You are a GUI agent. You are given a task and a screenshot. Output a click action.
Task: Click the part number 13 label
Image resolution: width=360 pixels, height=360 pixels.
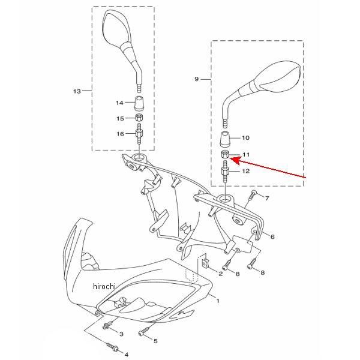click(77, 91)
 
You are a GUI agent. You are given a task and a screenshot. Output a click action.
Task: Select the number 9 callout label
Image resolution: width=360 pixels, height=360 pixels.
click(196, 79)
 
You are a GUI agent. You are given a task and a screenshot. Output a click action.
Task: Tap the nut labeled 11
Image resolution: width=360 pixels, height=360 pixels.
click(224, 155)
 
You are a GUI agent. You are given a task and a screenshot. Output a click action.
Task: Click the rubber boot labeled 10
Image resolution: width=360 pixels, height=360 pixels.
click(225, 139)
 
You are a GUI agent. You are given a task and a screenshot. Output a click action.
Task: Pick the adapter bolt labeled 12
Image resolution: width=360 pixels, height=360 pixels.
click(225, 172)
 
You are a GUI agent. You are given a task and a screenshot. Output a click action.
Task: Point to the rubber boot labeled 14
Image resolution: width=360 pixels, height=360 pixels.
click(139, 103)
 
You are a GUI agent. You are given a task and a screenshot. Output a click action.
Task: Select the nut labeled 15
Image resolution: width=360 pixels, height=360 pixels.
click(139, 118)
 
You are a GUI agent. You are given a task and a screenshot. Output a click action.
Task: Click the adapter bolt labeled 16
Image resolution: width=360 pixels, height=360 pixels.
click(139, 134)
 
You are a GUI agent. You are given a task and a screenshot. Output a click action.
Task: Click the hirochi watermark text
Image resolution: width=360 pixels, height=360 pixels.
click(104, 286)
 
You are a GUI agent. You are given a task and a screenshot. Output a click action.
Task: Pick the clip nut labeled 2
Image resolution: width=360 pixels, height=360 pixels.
click(206, 263)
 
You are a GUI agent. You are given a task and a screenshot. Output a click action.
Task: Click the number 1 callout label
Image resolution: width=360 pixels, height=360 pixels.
click(218, 301)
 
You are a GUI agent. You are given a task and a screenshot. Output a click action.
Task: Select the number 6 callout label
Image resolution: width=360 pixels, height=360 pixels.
click(272, 236)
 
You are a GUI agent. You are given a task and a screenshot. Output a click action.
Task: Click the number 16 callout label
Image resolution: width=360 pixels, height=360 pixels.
click(121, 134)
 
